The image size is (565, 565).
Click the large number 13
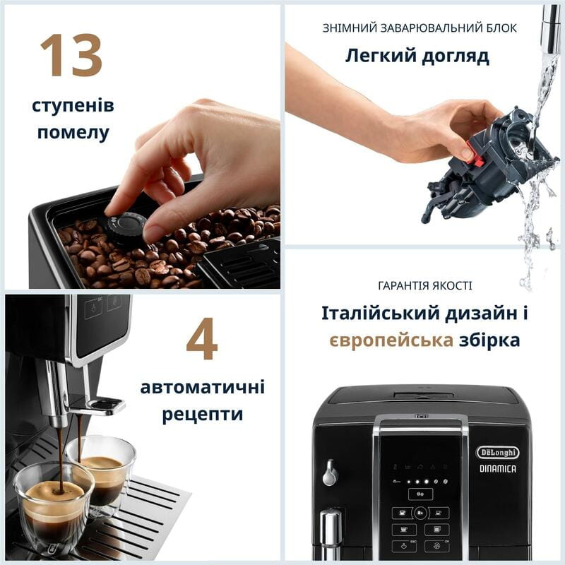pyautogui.click(x=71, y=55)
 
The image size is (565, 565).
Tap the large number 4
pyautogui.click(x=201, y=339)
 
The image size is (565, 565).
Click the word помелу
pyautogui.click(x=73, y=132)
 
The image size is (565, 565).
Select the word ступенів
pyautogui.click(x=73, y=106)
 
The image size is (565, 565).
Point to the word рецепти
pyautogui.click(x=203, y=414)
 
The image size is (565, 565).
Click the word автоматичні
pyautogui.click(x=203, y=387)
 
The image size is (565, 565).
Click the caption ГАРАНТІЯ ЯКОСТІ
pyautogui.click(x=425, y=286)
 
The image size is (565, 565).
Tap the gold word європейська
pyautogui.click(x=391, y=340)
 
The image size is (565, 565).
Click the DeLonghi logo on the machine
pyautogui.click(x=497, y=452)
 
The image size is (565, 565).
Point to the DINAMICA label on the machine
pyautogui.click(x=498, y=468)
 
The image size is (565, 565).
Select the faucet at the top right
pyautogui.click(x=549, y=28)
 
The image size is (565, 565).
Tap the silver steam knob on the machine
pyautogui.click(x=330, y=473)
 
